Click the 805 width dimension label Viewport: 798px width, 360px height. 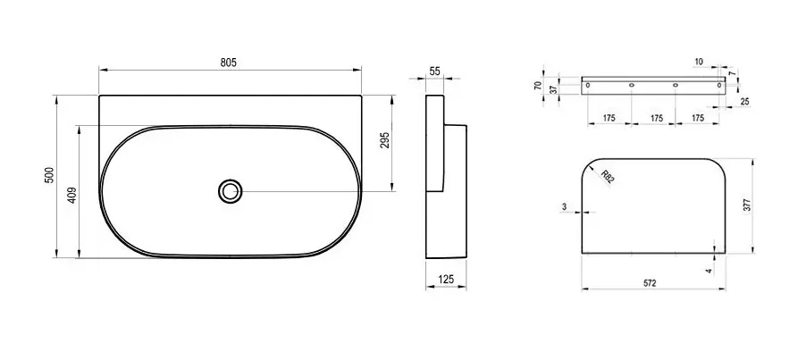[229, 63]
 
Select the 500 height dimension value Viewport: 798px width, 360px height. [49, 176]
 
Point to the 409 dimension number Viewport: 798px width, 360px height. [71, 196]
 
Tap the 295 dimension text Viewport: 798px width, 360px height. [385, 140]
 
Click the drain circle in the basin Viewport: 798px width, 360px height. [231, 191]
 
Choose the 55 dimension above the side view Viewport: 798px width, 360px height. [434, 71]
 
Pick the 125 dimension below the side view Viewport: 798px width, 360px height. [445, 279]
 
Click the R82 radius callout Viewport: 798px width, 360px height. [607, 178]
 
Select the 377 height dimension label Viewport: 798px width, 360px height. [747, 205]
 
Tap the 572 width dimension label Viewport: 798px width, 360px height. [650, 283]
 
